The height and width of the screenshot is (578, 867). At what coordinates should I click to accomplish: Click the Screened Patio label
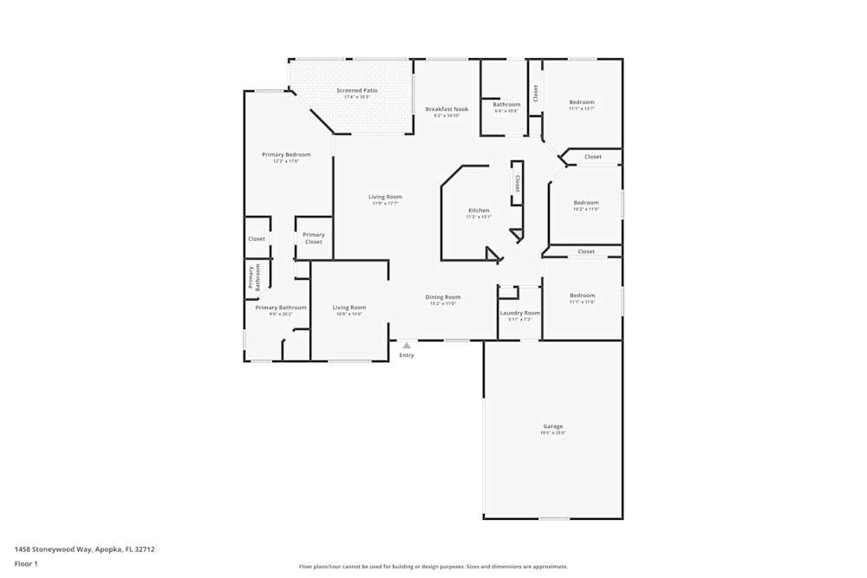pyautogui.click(x=357, y=90)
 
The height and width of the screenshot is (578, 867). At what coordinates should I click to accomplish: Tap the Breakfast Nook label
pyautogui.click(x=447, y=109)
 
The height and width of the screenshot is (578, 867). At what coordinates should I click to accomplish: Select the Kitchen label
pyautogui.click(x=479, y=211)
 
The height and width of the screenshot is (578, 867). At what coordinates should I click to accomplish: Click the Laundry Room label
pyautogui.click(x=520, y=313)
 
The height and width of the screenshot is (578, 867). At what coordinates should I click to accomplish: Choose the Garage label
pyautogui.click(x=553, y=426)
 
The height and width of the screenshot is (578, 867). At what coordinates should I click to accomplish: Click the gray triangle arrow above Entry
pyautogui.click(x=407, y=346)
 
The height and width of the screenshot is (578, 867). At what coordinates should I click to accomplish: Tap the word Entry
pyautogui.click(x=407, y=355)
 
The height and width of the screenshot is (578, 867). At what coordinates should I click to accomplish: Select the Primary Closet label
pyautogui.click(x=314, y=238)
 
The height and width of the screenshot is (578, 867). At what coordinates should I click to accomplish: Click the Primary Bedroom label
pyautogui.click(x=286, y=155)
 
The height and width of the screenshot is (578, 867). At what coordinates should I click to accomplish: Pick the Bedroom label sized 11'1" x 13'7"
pyautogui.click(x=582, y=102)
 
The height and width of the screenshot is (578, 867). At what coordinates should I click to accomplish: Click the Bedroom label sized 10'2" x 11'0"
pyautogui.click(x=586, y=203)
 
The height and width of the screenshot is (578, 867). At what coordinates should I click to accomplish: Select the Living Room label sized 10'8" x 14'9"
pyautogui.click(x=349, y=308)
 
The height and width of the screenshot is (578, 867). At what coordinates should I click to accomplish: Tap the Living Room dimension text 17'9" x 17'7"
pyautogui.click(x=385, y=204)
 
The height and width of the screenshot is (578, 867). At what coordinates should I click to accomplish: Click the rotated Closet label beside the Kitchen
pyautogui.click(x=518, y=184)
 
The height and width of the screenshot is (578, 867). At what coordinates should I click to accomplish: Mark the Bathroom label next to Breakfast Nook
pyautogui.click(x=506, y=105)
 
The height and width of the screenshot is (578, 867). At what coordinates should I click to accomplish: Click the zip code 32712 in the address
pyautogui.click(x=144, y=549)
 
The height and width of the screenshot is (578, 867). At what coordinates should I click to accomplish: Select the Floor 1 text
pyautogui.click(x=26, y=564)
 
